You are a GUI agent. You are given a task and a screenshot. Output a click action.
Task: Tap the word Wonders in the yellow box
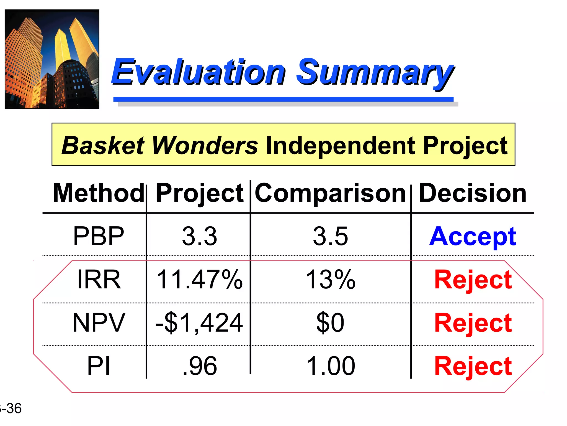pyautogui.click(x=205, y=145)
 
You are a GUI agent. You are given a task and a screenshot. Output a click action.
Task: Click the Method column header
pyautogui.click(x=99, y=193)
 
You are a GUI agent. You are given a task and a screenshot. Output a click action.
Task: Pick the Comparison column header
pyautogui.click(x=330, y=193)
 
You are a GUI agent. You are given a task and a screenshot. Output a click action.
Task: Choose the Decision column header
pyautogui.click(x=473, y=193)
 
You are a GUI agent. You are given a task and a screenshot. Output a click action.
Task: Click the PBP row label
pyautogui.click(x=99, y=236)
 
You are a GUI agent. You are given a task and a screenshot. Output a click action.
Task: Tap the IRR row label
pyautogui.click(x=99, y=279)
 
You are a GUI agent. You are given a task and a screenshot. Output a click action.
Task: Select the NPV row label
pyautogui.click(x=99, y=322)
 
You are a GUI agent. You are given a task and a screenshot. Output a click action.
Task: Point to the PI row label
pyautogui.click(x=99, y=366)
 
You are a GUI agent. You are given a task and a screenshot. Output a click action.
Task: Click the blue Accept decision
pyautogui.click(x=473, y=237)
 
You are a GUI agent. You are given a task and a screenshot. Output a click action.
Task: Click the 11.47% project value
pyautogui.click(x=199, y=279)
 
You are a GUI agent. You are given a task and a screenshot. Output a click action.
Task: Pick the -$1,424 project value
pyautogui.click(x=199, y=323)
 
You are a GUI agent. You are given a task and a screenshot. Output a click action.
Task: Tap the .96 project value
pyautogui.click(x=200, y=366)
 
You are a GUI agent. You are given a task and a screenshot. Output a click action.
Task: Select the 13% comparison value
pyautogui.click(x=330, y=279)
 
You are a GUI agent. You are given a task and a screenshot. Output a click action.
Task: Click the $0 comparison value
pyautogui.click(x=330, y=322)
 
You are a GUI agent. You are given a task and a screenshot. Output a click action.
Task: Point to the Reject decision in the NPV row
pyautogui.click(x=473, y=323)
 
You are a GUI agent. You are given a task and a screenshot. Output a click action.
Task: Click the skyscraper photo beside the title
pyautogui.click(x=52, y=59)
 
